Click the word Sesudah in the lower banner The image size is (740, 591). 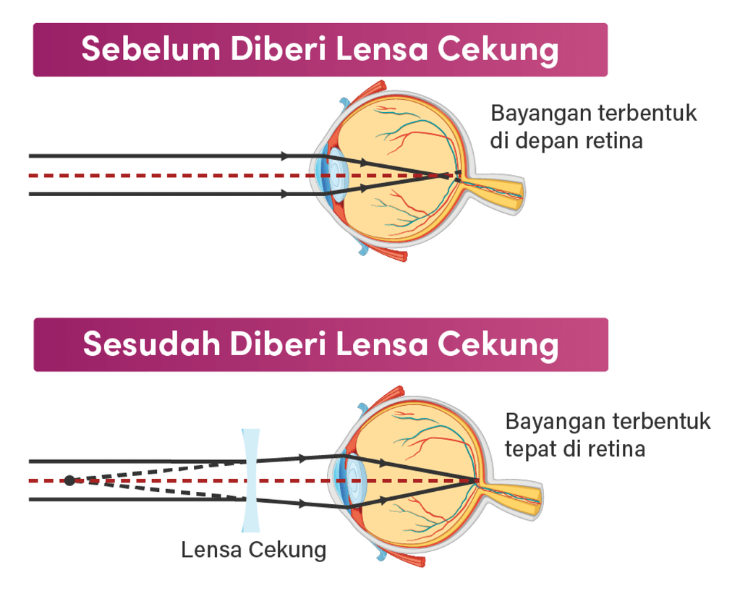[151, 343]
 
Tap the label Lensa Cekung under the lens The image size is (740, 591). [254, 550]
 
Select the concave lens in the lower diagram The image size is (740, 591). [250, 480]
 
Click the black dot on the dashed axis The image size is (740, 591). [69, 480]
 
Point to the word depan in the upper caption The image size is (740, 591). [547, 141]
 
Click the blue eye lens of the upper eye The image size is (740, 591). [336, 175]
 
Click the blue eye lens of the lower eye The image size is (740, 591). [354, 480]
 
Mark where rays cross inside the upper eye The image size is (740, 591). [441, 176]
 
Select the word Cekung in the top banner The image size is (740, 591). [498, 50]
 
